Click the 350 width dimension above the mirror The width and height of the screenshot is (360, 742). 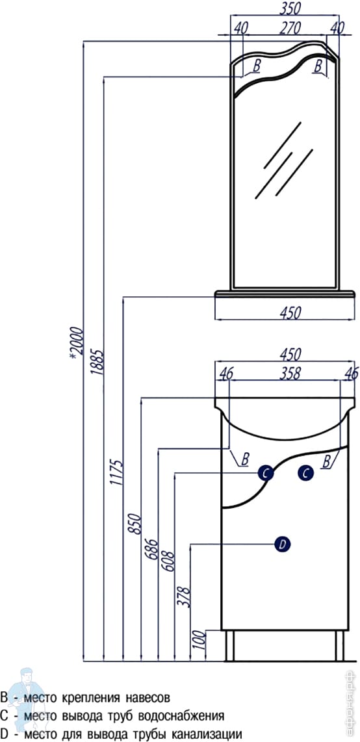tap(290, 8)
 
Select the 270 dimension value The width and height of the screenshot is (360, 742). tap(290, 29)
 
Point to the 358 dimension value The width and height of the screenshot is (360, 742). tap(290, 374)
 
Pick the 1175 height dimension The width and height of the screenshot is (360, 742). tap(116, 472)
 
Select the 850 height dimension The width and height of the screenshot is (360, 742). tap(135, 524)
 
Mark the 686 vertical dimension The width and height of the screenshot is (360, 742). tap(151, 550)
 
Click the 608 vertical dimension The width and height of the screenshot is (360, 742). tap(168, 561)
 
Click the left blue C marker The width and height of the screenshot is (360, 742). tap(266, 473)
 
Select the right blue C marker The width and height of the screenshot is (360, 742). tap(305, 473)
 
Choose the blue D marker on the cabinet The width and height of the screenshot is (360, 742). tap(283, 544)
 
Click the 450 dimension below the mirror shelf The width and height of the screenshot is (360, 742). tap(290, 313)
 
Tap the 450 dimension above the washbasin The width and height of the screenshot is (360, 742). tap(290, 355)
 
